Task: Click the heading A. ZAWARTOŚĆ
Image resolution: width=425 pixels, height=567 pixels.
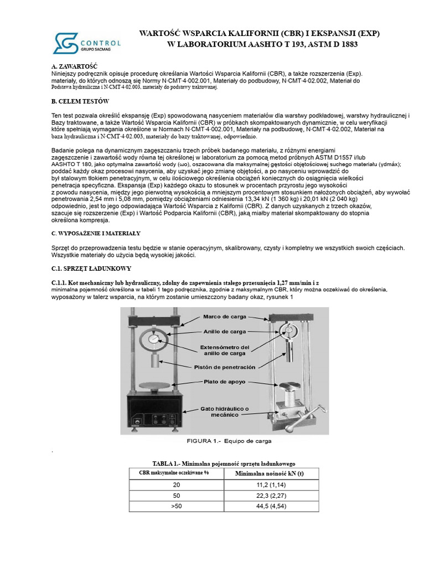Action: pyautogui.click(x=70, y=66)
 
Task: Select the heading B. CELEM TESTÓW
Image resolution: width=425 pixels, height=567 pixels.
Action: pyautogui.click(x=80, y=101)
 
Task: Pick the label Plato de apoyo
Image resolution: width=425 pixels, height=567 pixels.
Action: pyautogui.click(x=223, y=382)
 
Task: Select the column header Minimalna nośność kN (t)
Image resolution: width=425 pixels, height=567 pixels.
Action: pyautogui.click(x=269, y=474)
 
